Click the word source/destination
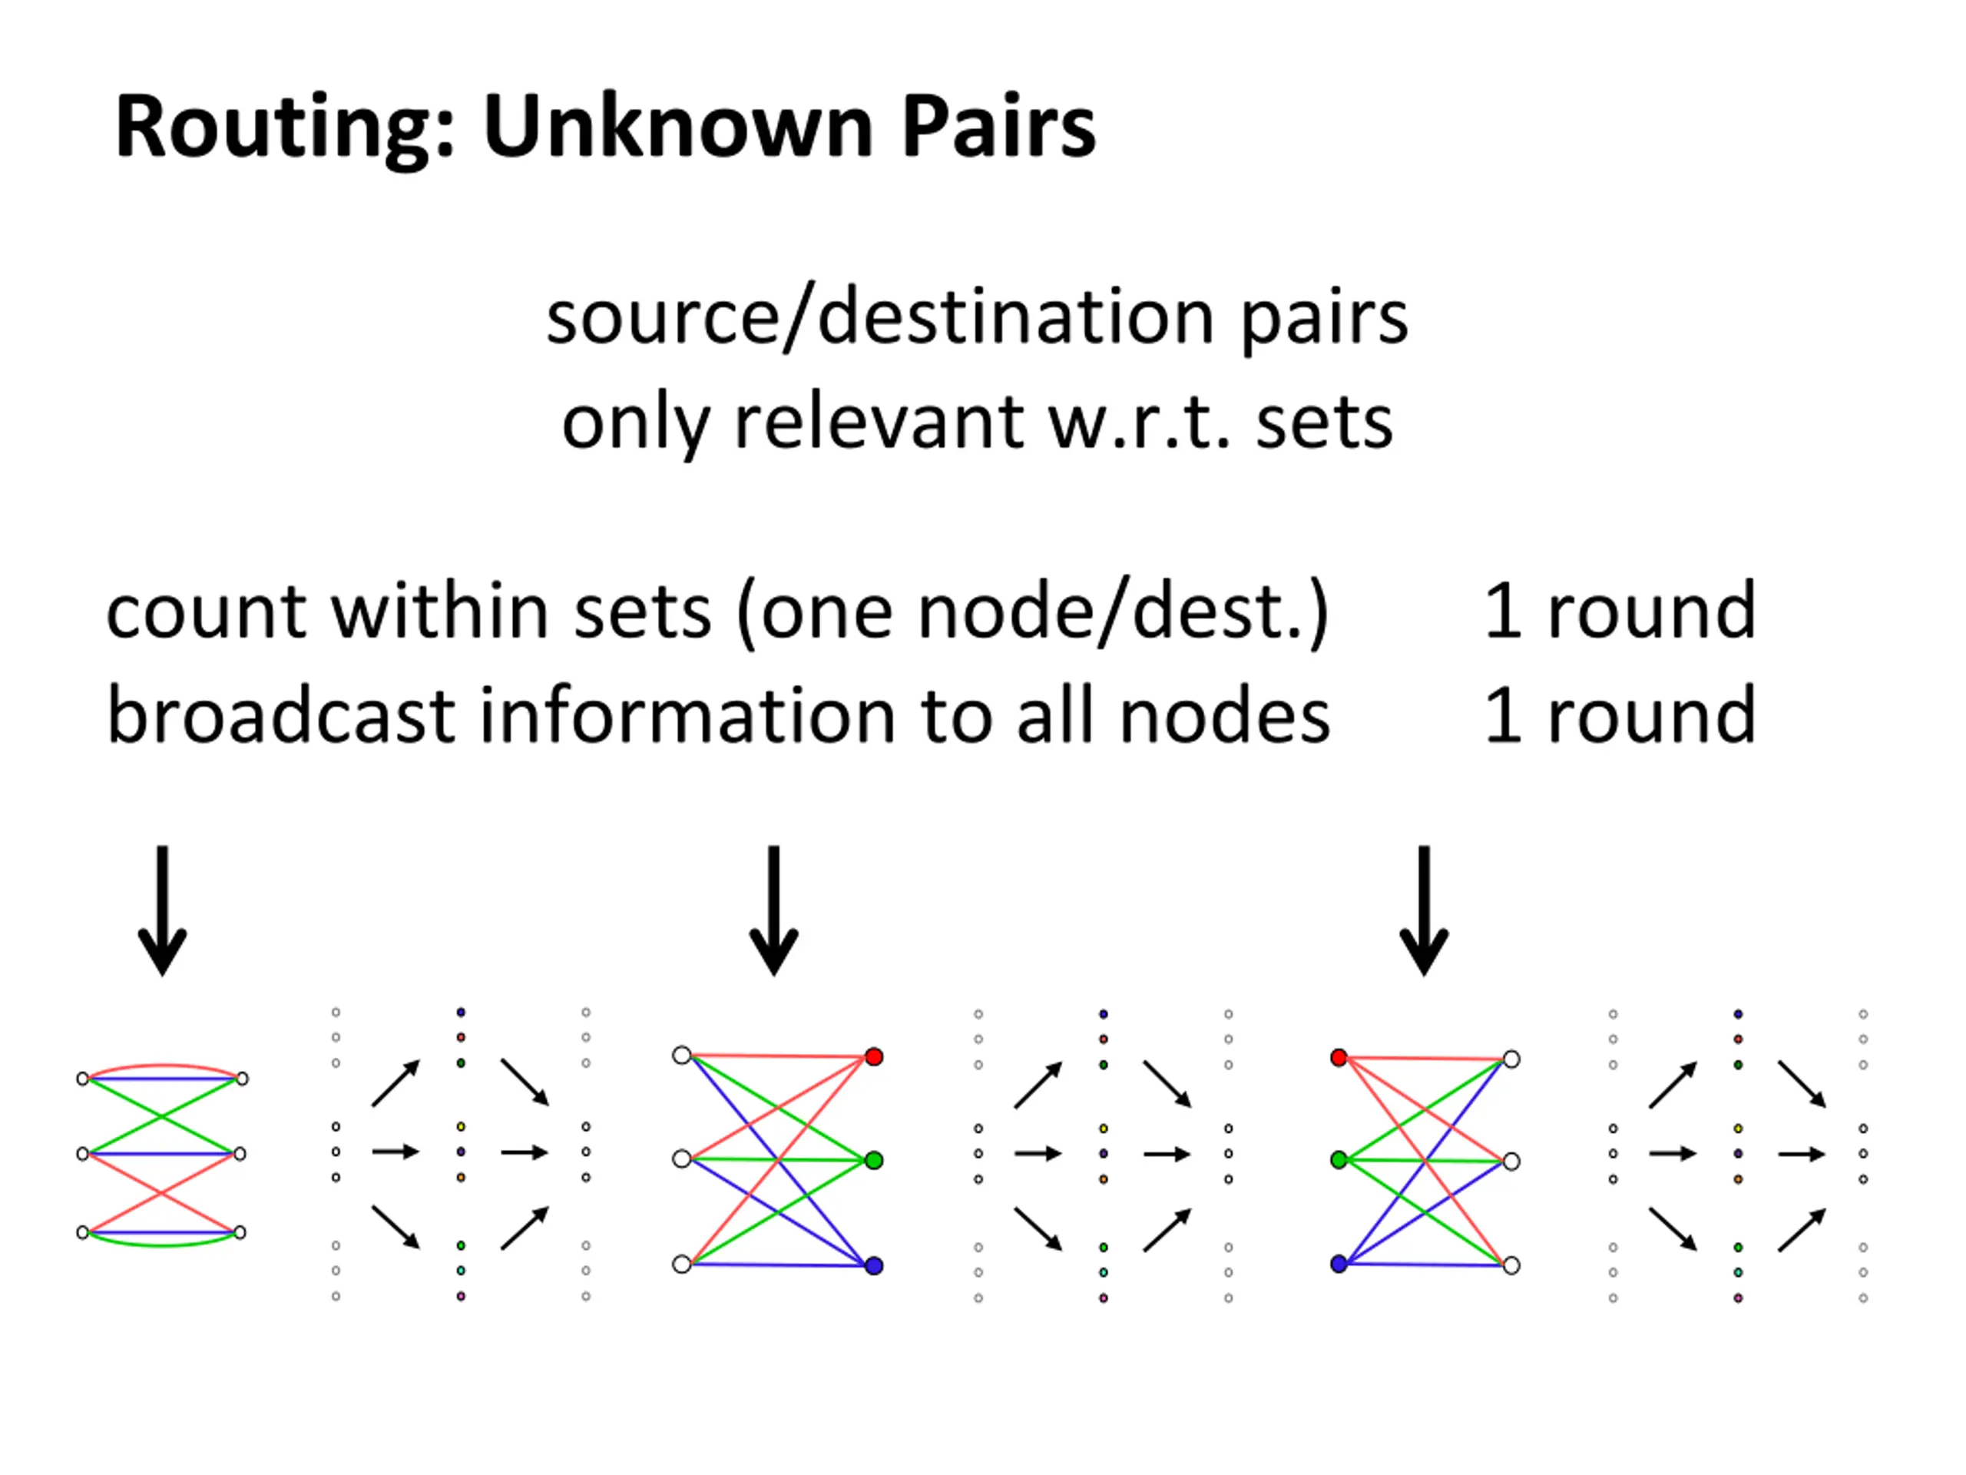pyautogui.click(x=880, y=317)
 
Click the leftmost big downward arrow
pyautogui.click(x=163, y=910)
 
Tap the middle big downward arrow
pyautogui.click(x=774, y=910)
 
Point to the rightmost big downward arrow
pyautogui.click(x=1425, y=910)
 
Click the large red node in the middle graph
pyautogui.click(x=875, y=1057)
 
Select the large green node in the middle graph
pyautogui.click(x=875, y=1160)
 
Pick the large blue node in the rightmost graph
pyautogui.click(x=1339, y=1264)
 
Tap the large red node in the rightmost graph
pyautogui.click(x=1339, y=1057)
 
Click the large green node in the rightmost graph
pyautogui.click(x=1339, y=1160)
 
